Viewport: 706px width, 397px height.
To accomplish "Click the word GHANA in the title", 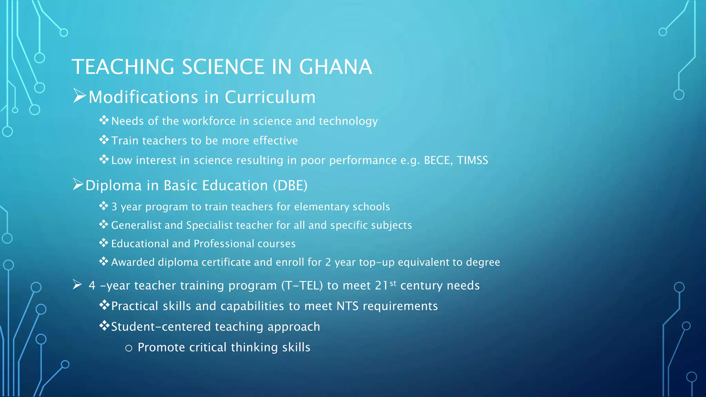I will pyautogui.click(x=335, y=67).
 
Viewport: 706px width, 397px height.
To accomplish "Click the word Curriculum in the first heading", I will pyautogui.click(x=270, y=97).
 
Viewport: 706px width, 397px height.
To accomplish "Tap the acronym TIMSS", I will pyautogui.click(x=472, y=160).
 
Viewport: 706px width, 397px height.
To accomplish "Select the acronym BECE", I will pyautogui.click(x=438, y=160).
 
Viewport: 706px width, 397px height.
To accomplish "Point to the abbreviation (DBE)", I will pyautogui.click(x=290, y=186).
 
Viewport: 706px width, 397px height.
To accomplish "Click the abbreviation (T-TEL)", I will pyautogui.click(x=302, y=286).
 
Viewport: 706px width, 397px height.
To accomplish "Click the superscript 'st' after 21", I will pyautogui.click(x=393, y=283).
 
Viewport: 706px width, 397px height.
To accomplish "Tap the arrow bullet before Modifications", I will pyautogui.click(x=79, y=96).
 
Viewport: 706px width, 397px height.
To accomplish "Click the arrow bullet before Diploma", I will pyautogui.click(x=78, y=184).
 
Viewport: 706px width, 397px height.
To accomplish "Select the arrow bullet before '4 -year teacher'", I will pyautogui.click(x=77, y=285).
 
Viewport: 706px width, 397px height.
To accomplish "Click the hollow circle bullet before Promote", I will pyautogui.click(x=129, y=348).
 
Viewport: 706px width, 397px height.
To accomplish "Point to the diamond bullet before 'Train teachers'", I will pyautogui.click(x=104, y=140).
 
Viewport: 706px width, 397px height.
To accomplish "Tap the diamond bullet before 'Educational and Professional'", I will pyautogui.click(x=103, y=243).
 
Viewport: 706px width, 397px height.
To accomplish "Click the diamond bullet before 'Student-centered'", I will pyautogui.click(x=104, y=325).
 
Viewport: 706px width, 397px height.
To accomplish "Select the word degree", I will pyautogui.click(x=483, y=263).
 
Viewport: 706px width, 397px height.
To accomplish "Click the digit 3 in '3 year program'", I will pyautogui.click(x=114, y=207).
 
